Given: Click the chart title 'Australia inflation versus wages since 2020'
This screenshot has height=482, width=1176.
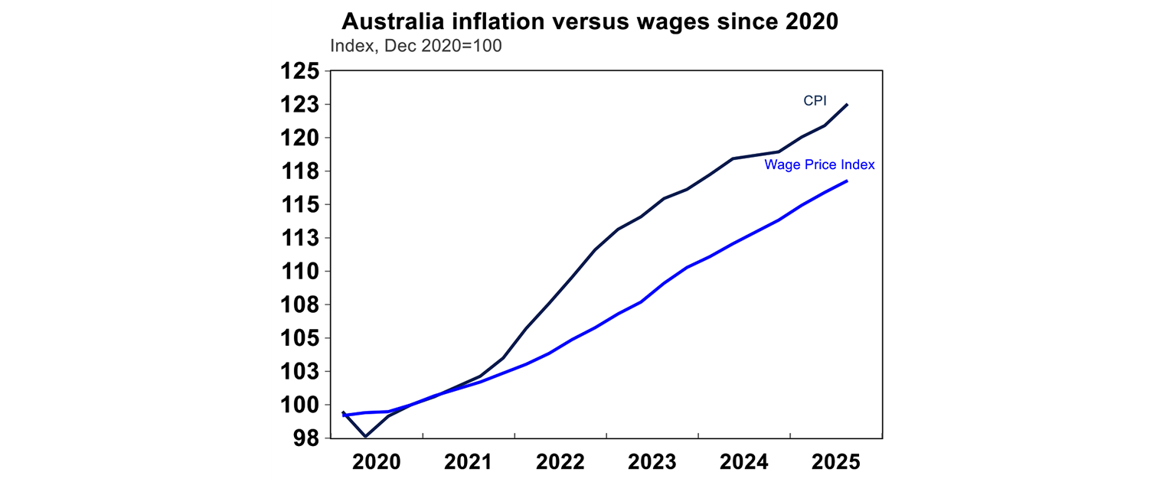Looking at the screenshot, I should click(590, 21).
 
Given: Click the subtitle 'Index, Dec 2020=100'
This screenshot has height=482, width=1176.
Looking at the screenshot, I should click(416, 46).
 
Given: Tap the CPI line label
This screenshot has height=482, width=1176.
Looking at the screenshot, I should click(815, 101).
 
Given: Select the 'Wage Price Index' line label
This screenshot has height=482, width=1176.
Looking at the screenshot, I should click(819, 164).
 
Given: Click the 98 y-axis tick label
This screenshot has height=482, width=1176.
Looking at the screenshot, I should click(304, 438).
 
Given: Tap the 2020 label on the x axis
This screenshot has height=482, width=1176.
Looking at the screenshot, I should click(377, 462).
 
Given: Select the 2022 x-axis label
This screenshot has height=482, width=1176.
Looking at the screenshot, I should click(560, 462).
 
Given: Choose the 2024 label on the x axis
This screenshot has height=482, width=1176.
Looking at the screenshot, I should click(744, 462).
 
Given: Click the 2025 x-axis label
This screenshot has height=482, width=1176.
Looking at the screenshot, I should click(836, 462).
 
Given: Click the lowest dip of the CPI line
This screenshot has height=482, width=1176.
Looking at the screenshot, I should click(365, 437).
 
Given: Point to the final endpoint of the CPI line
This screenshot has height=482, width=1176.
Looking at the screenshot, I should click(848, 104).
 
